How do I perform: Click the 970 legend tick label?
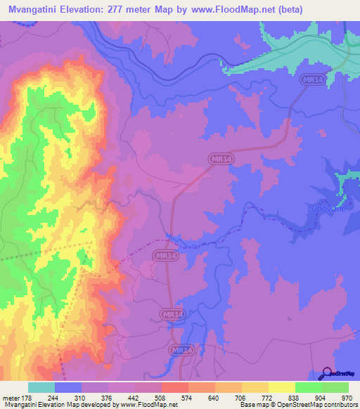346,397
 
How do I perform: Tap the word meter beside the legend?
11,397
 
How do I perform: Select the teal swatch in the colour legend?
41,387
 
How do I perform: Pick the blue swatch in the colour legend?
68,387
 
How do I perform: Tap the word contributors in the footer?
337,405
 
